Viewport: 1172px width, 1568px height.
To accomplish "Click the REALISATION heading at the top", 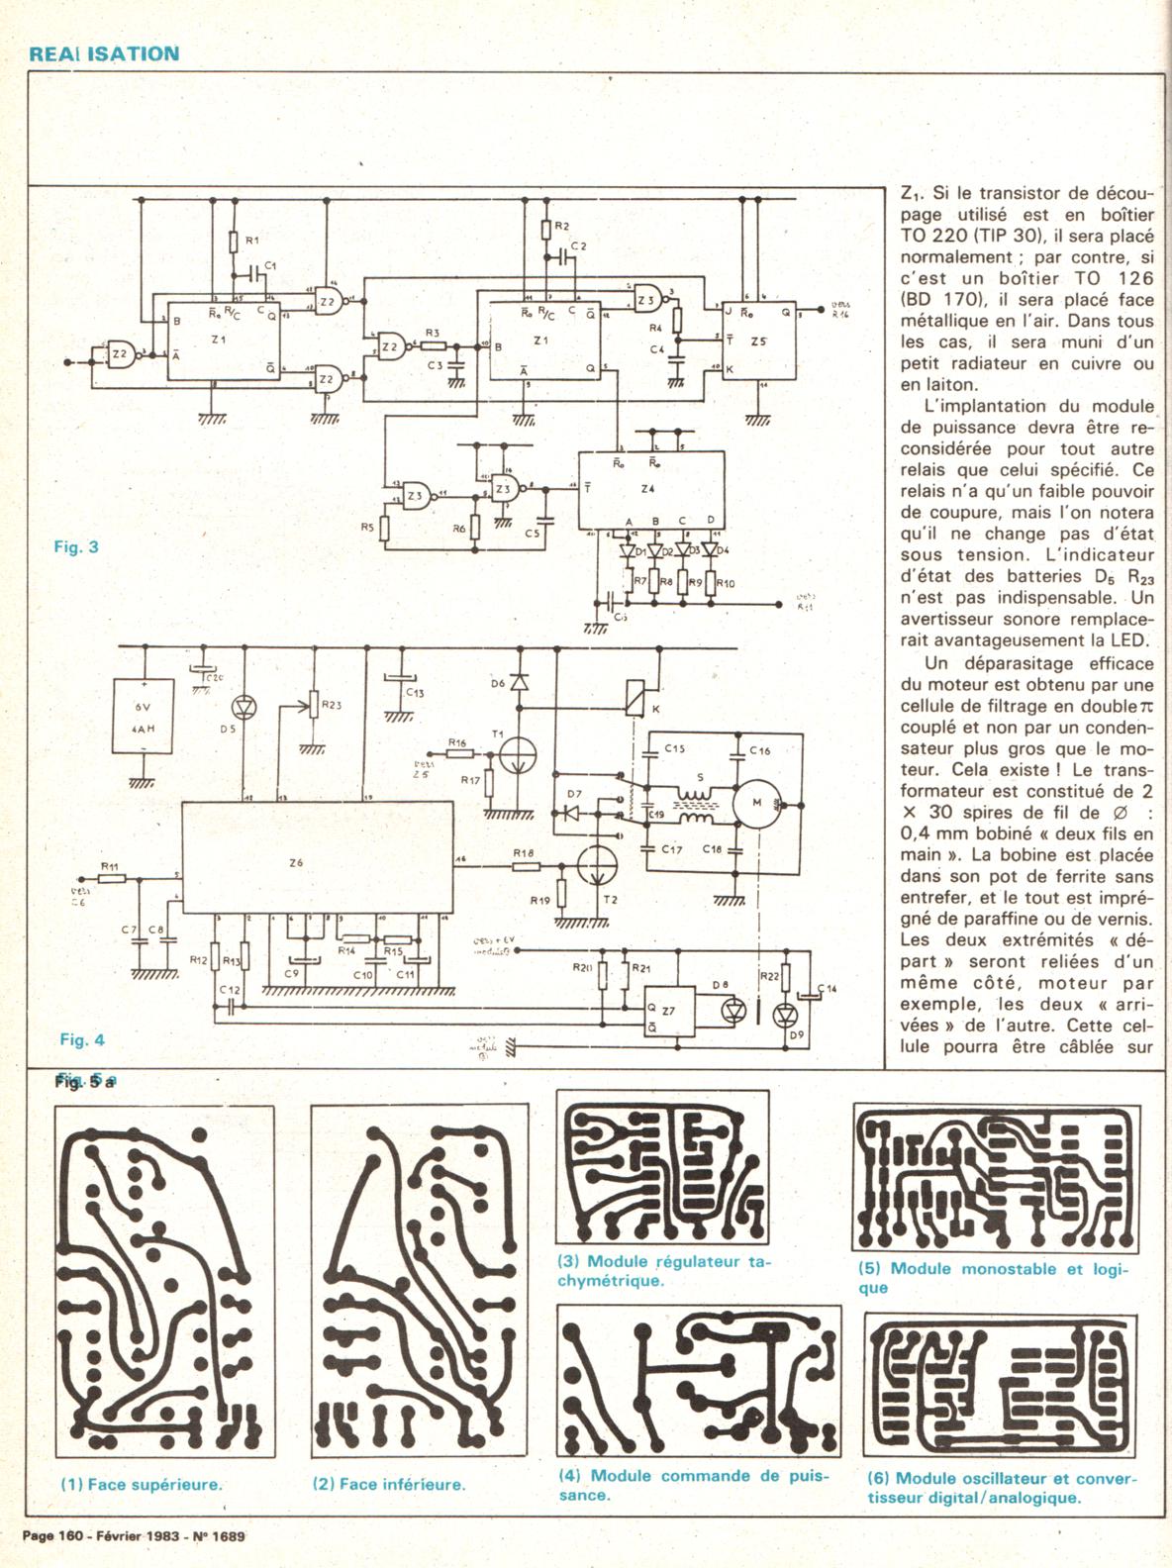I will point(104,53).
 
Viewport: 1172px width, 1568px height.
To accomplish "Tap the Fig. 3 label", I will point(76,545).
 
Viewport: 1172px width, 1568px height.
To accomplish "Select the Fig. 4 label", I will point(81,1039).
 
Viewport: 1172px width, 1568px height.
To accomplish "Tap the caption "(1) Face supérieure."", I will point(141,1484).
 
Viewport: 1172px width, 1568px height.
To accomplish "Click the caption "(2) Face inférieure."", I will point(389,1484).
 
